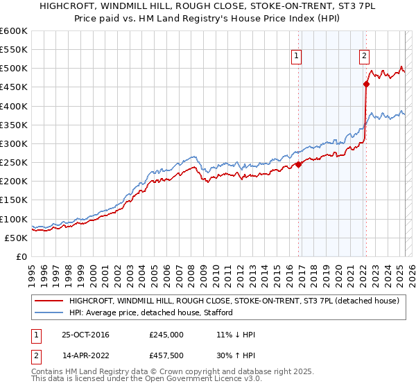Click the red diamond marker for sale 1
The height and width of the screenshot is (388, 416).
coord(299,164)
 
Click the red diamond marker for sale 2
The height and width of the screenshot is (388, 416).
coord(366,85)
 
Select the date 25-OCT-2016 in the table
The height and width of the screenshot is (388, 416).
coord(85,335)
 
